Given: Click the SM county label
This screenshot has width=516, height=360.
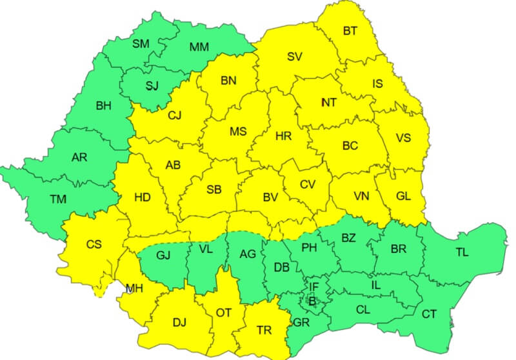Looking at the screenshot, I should [140, 44].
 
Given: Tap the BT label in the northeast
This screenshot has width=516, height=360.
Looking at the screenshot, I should [350, 30].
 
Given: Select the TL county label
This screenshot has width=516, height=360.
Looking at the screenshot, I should [462, 252].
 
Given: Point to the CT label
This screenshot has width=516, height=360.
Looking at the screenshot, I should [428, 314].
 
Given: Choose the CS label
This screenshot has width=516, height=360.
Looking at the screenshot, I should [94, 245].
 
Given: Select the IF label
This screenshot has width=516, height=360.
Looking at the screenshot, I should [313, 286].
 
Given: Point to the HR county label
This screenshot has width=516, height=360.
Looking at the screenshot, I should [283, 137].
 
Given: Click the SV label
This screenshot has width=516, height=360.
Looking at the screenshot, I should [295, 56].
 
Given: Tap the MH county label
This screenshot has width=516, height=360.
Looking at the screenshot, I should [134, 288].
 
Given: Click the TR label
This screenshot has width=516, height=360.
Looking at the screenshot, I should [264, 330].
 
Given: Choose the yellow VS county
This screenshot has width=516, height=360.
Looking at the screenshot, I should [403, 137].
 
